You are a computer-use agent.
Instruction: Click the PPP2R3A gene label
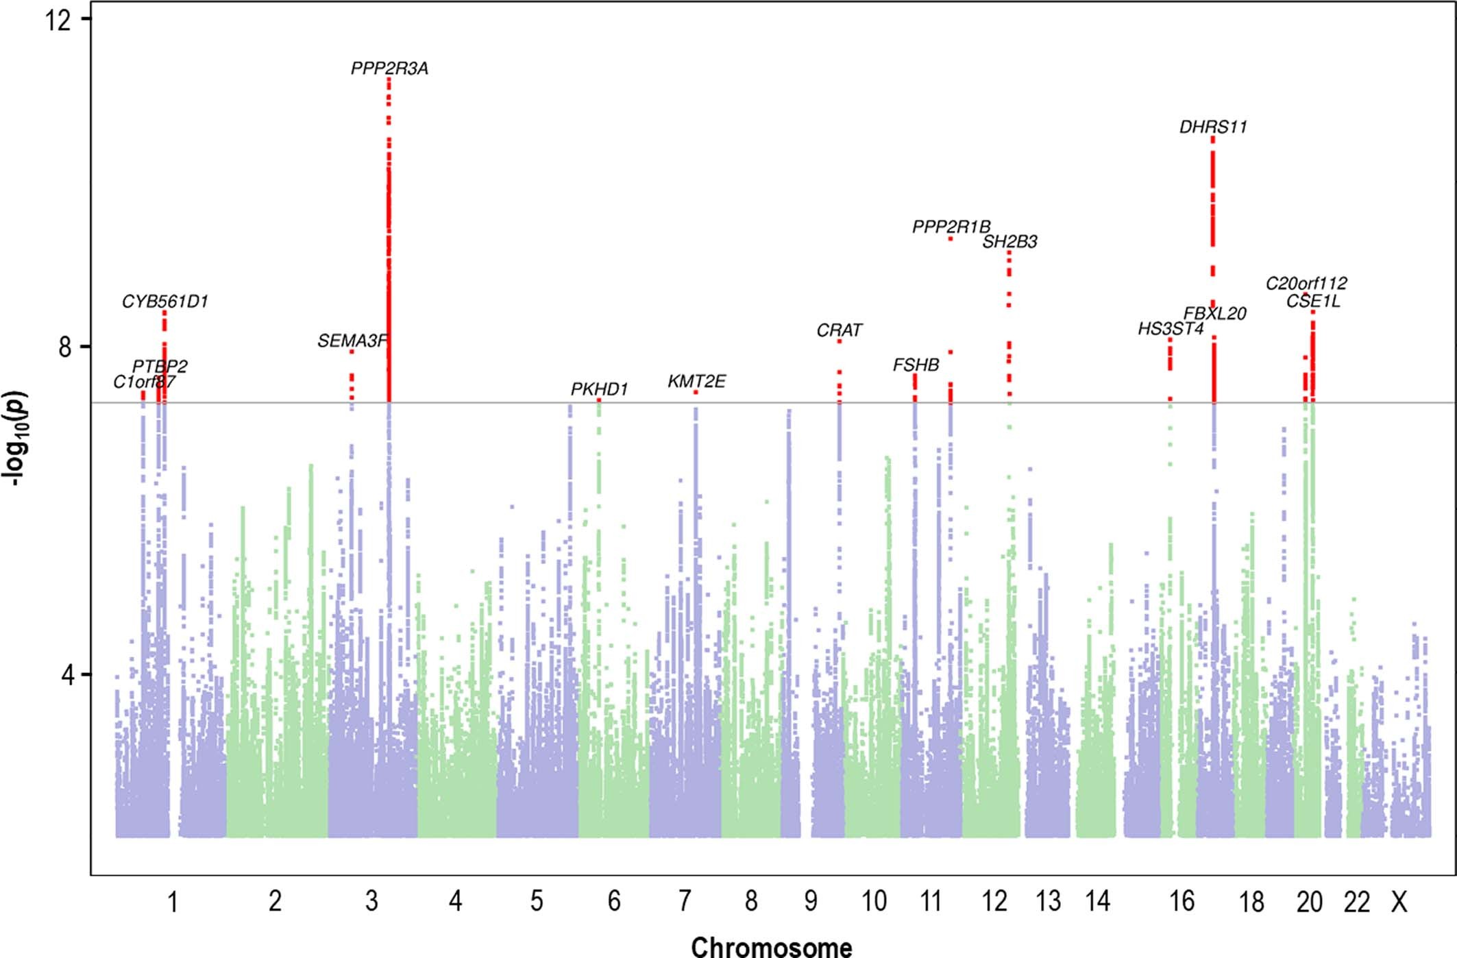pos(389,69)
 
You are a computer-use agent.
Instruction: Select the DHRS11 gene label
pos(1213,127)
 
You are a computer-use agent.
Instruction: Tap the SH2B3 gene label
pos(1009,242)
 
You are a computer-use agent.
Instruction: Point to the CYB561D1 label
pos(164,302)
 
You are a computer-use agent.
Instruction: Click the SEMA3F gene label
pos(352,341)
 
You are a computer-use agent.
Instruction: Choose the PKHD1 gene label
pos(599,389)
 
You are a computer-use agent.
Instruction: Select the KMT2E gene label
pos(696,382)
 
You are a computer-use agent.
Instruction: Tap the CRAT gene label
pos(839,331)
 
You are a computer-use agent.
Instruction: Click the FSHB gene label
pos(916,365)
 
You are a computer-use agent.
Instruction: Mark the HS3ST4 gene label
pos(1171,329)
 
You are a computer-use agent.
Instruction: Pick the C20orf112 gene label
pos(1306,283)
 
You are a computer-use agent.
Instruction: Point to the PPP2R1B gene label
pos(951,227)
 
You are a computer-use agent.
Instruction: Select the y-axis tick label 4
pos(66,675)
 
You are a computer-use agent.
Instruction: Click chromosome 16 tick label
pos(1181,902)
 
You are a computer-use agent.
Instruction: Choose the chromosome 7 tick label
pos(685,902)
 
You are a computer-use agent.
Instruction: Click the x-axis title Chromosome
pos(772,946)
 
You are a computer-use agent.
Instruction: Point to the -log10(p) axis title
pos(17,439)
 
